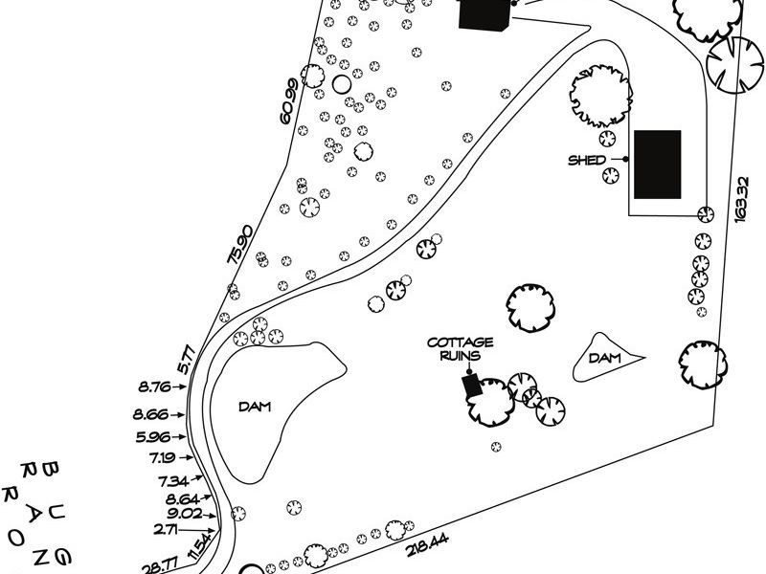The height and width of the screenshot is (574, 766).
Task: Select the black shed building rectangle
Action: coord(658,165)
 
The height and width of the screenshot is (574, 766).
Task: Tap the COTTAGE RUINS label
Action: coord(460,347)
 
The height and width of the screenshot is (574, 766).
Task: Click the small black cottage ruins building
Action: coord(470,386)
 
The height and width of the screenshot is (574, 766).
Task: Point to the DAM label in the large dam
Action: coord(256,407)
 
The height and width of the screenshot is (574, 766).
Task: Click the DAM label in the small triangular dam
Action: coord(605,359)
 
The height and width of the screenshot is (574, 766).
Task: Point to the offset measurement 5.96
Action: coord(154,438)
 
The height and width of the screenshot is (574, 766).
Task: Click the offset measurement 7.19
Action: coord(161,458)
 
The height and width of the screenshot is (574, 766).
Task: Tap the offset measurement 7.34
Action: coord(173,479)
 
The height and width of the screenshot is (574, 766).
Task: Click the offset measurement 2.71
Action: coord(168,528)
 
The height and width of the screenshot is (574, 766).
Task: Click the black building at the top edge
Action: coord(484,14)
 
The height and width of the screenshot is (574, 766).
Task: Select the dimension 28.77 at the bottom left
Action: coord(159,565)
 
